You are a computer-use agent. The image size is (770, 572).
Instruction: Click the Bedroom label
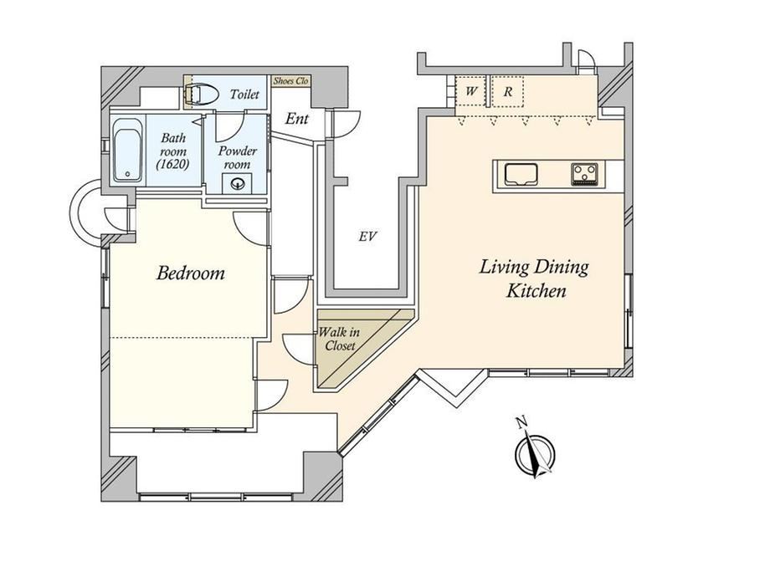pos(191,273)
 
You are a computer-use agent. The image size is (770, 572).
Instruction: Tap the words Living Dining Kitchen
pos(534,278)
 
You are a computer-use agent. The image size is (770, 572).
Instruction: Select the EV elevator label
pos(367,237)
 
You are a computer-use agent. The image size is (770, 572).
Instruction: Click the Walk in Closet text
pos(339,339)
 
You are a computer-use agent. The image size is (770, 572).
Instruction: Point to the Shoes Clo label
pos(290,81)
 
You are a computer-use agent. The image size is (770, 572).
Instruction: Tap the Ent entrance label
pos(297,119)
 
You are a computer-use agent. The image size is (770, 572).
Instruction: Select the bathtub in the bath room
pos(127,150)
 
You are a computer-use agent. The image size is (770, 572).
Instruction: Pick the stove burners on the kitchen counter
pos(584,174)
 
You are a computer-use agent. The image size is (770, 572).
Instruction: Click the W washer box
pos(471,91)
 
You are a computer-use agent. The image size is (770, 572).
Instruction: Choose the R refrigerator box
pos(508,91)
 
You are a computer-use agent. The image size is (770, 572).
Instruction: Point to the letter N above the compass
pos(521,421)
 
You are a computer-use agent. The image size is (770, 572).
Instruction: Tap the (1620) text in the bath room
pos(173,165)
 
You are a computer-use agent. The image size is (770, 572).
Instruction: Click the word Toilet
pos(244,94)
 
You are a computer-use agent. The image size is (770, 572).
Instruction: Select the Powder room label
pos(237,157)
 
